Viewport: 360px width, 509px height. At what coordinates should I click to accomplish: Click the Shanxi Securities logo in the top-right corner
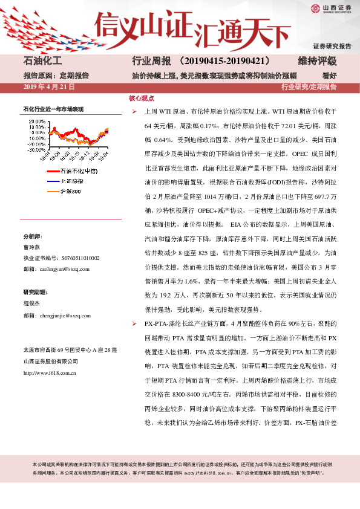click(332, 8)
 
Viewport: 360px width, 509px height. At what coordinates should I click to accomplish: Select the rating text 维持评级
click(317, 62)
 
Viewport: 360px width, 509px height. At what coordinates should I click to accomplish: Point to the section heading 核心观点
click(141, 97)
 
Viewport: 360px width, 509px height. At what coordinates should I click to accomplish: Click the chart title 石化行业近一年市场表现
click(53, 109)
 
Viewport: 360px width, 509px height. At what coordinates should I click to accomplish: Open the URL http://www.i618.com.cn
click(49, 373)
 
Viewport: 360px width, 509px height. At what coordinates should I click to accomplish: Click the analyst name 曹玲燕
click(31, 247)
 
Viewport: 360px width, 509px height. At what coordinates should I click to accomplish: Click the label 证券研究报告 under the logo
click(332, 46)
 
